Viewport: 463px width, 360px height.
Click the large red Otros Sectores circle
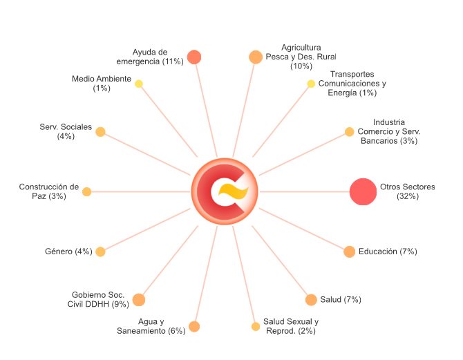pyautogui.click(x=363, y=191)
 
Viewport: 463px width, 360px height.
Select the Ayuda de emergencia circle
pyautogui.click(x=194, y=57)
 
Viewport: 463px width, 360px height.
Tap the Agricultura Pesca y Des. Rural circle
pyautogui.click(x=256, y=57)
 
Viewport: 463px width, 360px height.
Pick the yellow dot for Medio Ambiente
pyautogui.click(x=139, y=84)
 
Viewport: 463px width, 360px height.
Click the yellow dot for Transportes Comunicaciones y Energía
pyautogui.click(x=311, y=84)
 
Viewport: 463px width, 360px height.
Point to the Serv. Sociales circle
pyautogui.click(x=100, y=132)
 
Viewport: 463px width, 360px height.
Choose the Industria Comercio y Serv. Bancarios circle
pyautogui.click(x=349, y=132)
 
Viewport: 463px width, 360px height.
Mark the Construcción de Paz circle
pyautogui.click(x=86, y=191)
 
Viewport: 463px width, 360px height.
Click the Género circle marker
pyautogui.click(x=100, y=252)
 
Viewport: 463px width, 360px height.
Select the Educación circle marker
pyautogui.click(x=349, y=252)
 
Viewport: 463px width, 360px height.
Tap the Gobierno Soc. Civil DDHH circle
pyautogui.click(x=139, y=300)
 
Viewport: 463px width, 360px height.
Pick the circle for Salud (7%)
pyautogui.click(x=311, y=300)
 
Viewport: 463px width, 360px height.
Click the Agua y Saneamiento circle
pyautogui.click(x=194, y=327)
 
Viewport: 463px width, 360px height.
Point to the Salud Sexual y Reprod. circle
pyautogui.click(x=256, y=327)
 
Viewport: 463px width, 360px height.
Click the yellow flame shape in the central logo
pyautogui.click(x=234, y=191)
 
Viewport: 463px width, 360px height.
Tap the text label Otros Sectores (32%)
pyautogui.click(x=408, y=191)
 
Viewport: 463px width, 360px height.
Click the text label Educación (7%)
pyautogui.click(x=388, y=252)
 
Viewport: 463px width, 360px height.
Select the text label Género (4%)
pyautogui.click(x=68, y=252)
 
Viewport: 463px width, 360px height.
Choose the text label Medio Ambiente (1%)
pyautogui.click(x=102, y=84)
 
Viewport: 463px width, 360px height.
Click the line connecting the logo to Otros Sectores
pyautogui.click(x=305, y=191)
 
